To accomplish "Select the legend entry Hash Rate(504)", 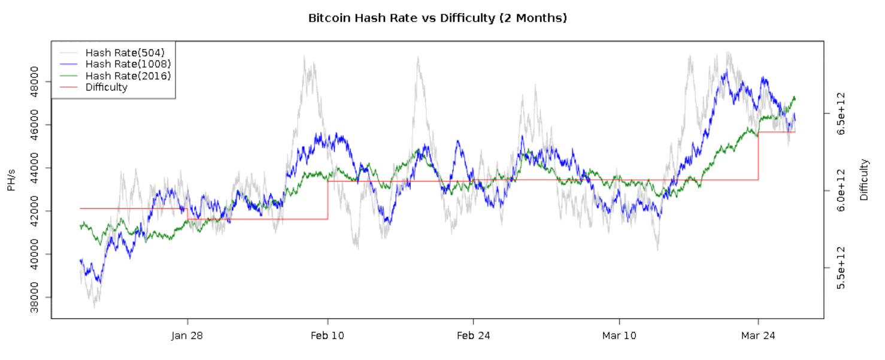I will point(125,53).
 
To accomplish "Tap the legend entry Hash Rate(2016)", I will point(128,75).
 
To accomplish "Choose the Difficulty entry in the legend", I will point(106,87).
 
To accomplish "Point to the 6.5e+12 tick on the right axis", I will point(841,113).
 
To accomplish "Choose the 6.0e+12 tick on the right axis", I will point(841,190).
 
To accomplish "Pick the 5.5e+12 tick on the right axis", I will point(841,268).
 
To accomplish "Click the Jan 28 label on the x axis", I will point(187,336).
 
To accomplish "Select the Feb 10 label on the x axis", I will point(328,336).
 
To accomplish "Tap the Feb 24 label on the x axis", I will point(473,336).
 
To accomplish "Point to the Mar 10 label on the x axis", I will point(619,336).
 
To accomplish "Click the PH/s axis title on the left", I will point(11,180).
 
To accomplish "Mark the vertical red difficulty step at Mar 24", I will point(758,156).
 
